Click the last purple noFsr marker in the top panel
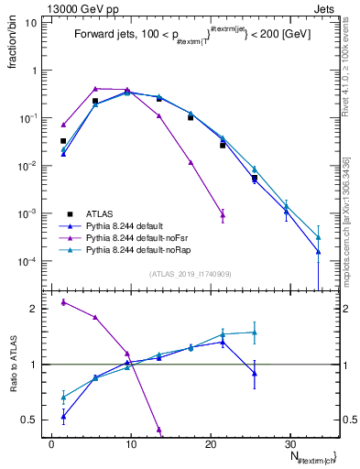[223, 215]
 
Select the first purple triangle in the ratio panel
[63, 301]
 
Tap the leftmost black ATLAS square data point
[63, 141]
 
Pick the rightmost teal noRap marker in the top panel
[318, 236]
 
